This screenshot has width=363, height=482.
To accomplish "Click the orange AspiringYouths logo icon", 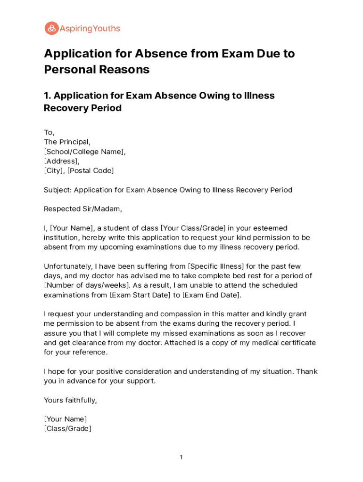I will tap(51, 28).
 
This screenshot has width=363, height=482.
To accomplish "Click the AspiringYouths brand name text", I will tap(90, 29).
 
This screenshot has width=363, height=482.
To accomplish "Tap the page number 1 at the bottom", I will tap(181, 457).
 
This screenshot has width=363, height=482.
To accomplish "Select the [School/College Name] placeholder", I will tap(85, 152).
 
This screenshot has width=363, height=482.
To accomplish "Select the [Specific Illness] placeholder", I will tap(219, 266).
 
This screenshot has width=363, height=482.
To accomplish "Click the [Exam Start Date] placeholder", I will tap(140, 295).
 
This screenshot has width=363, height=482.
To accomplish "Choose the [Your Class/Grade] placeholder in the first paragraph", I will tap(193, 228).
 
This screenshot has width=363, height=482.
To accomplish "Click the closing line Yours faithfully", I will tap(70, 400).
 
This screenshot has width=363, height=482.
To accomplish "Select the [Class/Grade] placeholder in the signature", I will tap(67, 428).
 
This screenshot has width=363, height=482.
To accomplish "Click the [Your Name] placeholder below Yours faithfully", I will tap(66, 419).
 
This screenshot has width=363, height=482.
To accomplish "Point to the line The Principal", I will tap(67, 142).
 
